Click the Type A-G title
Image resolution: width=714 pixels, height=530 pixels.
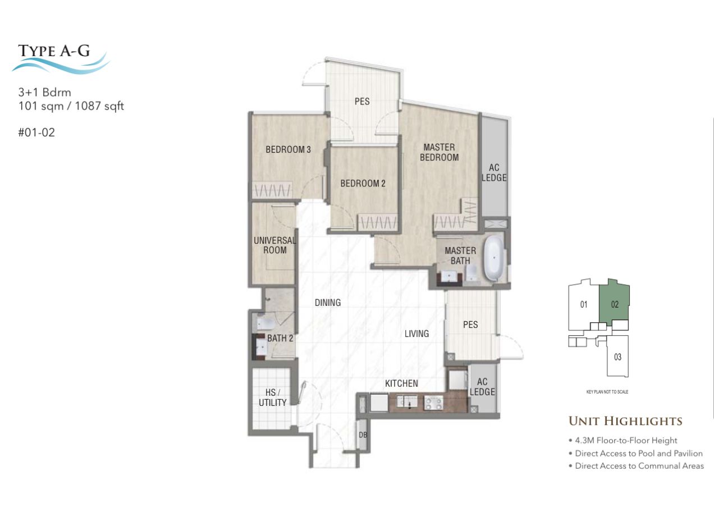54,51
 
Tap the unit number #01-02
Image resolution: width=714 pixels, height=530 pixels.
36,132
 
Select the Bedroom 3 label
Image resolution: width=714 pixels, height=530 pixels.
288,149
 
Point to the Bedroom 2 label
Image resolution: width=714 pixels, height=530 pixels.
363,184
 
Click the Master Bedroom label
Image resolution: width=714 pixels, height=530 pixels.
439,152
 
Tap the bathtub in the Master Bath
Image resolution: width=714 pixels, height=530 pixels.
493,259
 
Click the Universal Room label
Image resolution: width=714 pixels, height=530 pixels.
274,245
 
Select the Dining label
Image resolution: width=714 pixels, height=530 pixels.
328,303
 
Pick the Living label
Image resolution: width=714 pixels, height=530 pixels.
417,333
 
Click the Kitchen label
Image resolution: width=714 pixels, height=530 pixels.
401,383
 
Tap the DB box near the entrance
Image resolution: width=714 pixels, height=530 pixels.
363,435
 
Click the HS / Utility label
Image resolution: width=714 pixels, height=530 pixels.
272,397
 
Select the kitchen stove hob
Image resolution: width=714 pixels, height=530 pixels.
433,403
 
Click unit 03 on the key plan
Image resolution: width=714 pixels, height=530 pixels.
617,356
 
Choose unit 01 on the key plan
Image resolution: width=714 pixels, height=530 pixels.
583,304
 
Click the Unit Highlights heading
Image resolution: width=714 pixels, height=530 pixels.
625,421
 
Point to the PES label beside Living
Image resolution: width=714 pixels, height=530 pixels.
470,325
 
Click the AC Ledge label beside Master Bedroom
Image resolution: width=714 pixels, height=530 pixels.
494,172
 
